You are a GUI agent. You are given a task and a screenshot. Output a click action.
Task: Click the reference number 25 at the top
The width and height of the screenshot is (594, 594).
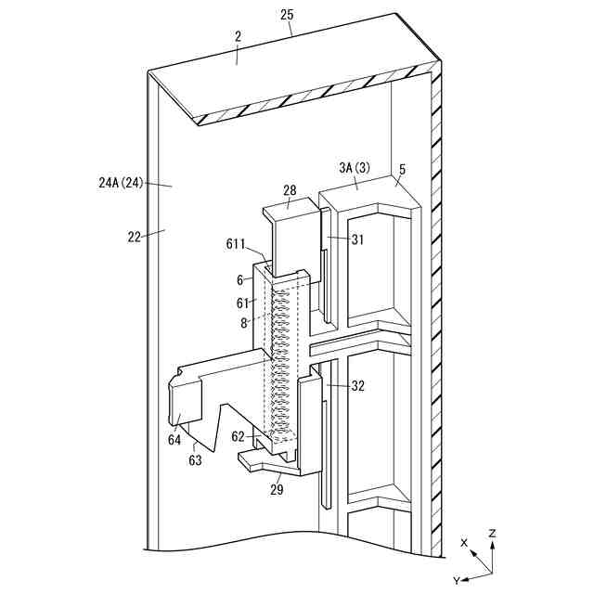287,14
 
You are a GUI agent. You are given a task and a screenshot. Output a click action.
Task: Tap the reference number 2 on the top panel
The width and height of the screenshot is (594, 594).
238,36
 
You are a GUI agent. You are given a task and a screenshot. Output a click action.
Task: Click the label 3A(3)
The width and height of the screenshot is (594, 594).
355,169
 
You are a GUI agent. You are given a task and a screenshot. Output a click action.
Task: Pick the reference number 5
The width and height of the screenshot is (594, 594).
403,169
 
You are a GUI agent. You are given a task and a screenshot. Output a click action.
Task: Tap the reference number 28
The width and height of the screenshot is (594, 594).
290,191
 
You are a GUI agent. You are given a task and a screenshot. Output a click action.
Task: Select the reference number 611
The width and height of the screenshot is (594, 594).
236,244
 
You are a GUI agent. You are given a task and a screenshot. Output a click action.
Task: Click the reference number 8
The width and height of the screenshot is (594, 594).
244,323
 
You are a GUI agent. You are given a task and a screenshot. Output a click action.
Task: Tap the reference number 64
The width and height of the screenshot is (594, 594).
174,440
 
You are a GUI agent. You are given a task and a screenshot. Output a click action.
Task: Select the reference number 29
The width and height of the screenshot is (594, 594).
278,488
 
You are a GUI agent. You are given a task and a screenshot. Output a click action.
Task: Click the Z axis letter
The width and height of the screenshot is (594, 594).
492,535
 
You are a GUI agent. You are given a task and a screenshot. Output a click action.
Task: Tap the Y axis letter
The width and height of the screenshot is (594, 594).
456,579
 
